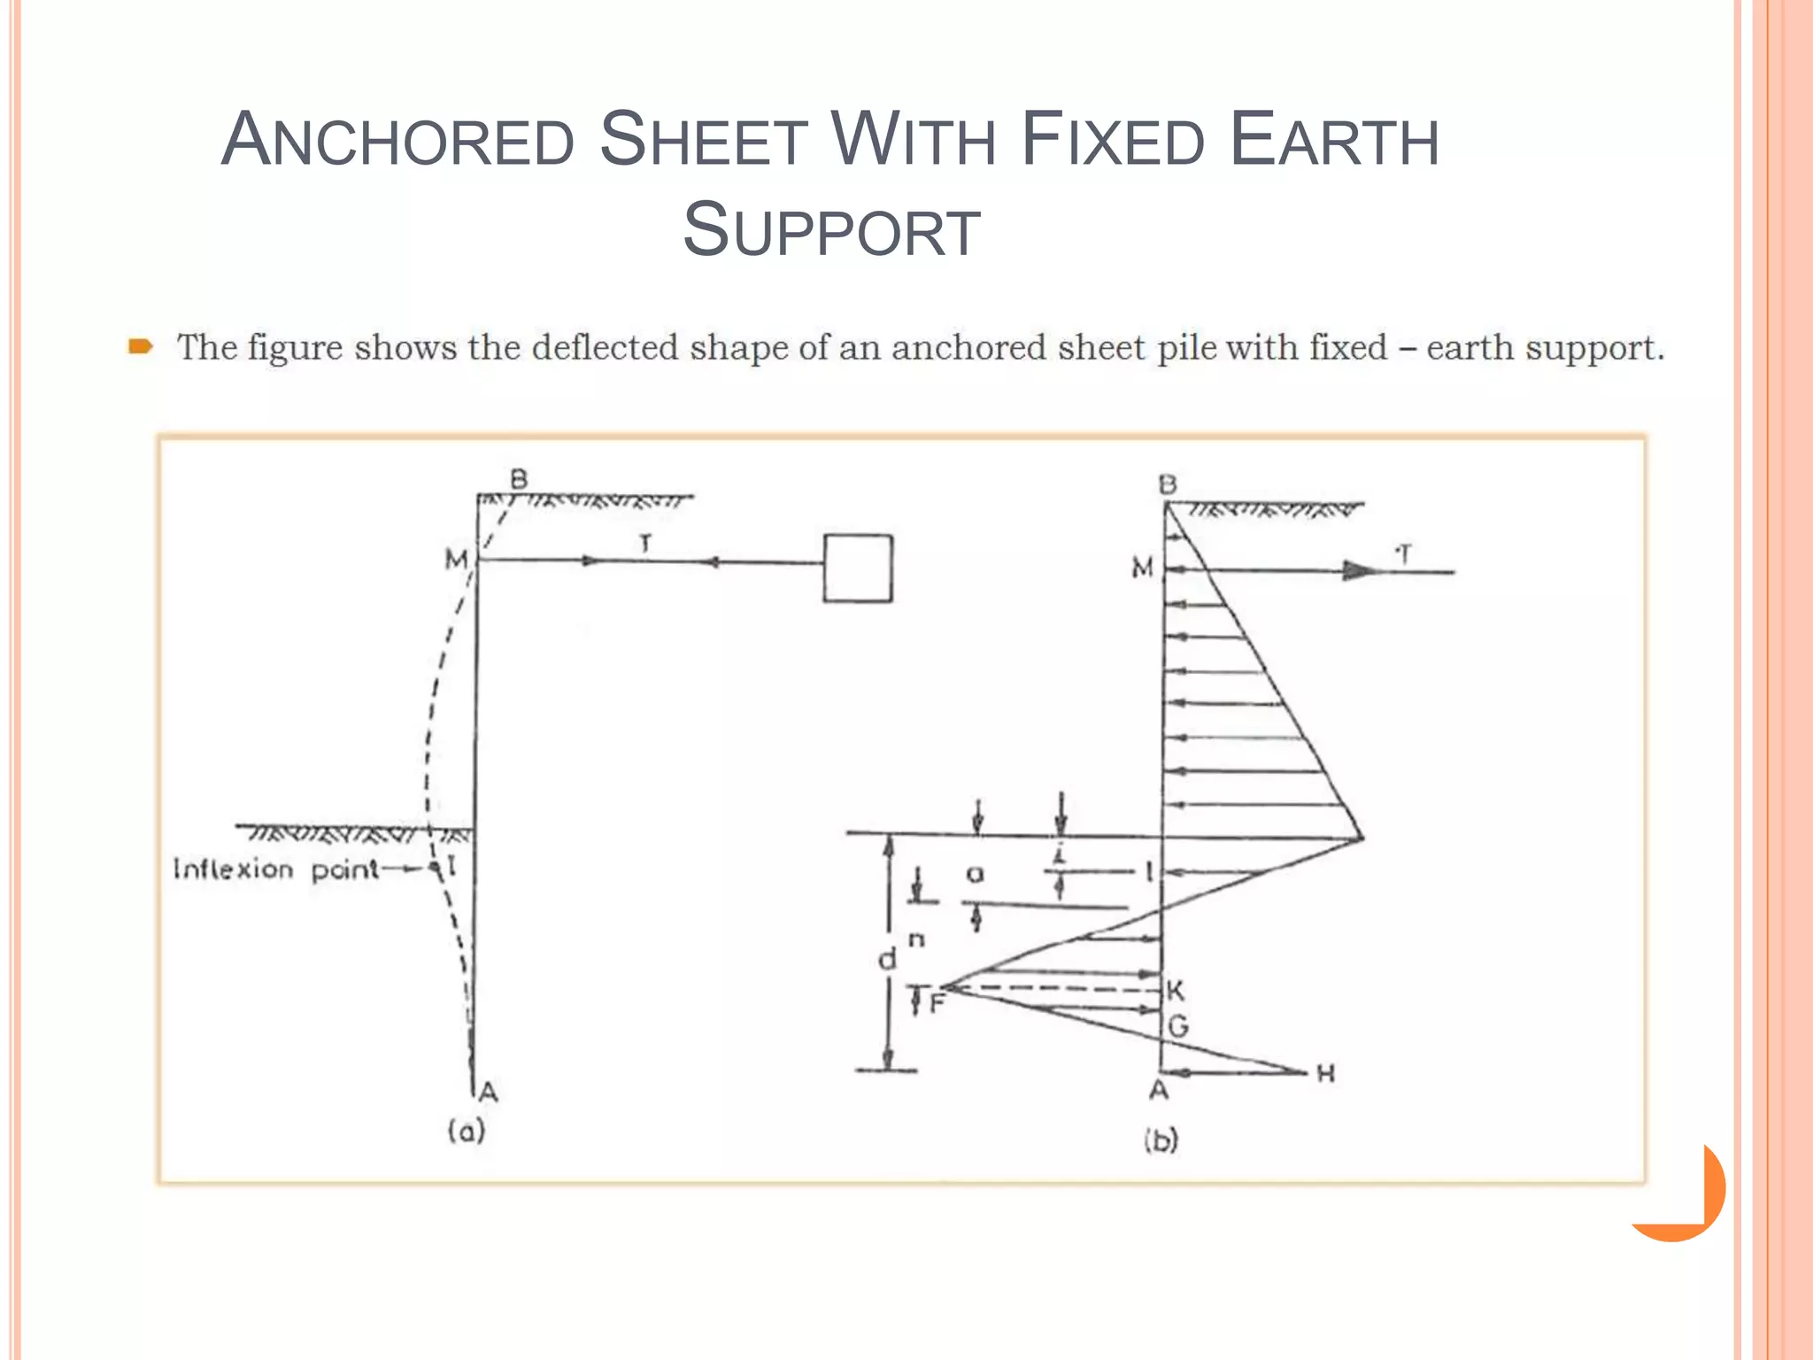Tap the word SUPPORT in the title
(831, 230)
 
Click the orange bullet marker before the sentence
(140, 346)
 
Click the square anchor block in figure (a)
(857, 568)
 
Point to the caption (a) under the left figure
(467, 1131)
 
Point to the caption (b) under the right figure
(1161, 1140)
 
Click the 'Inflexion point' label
(275, 869)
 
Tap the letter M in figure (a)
(456, 560)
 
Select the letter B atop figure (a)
(519, 479)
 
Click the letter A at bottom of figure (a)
(488, 1092)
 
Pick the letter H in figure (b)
(1325, 1074)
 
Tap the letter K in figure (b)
(1175, 991)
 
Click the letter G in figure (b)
(1177, 1027)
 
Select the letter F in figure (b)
(937, 1004)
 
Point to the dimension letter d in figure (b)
(886, 959)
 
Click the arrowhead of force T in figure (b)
(1359, 571)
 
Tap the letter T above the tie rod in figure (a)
(645, 544)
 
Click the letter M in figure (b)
(1142, 568)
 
